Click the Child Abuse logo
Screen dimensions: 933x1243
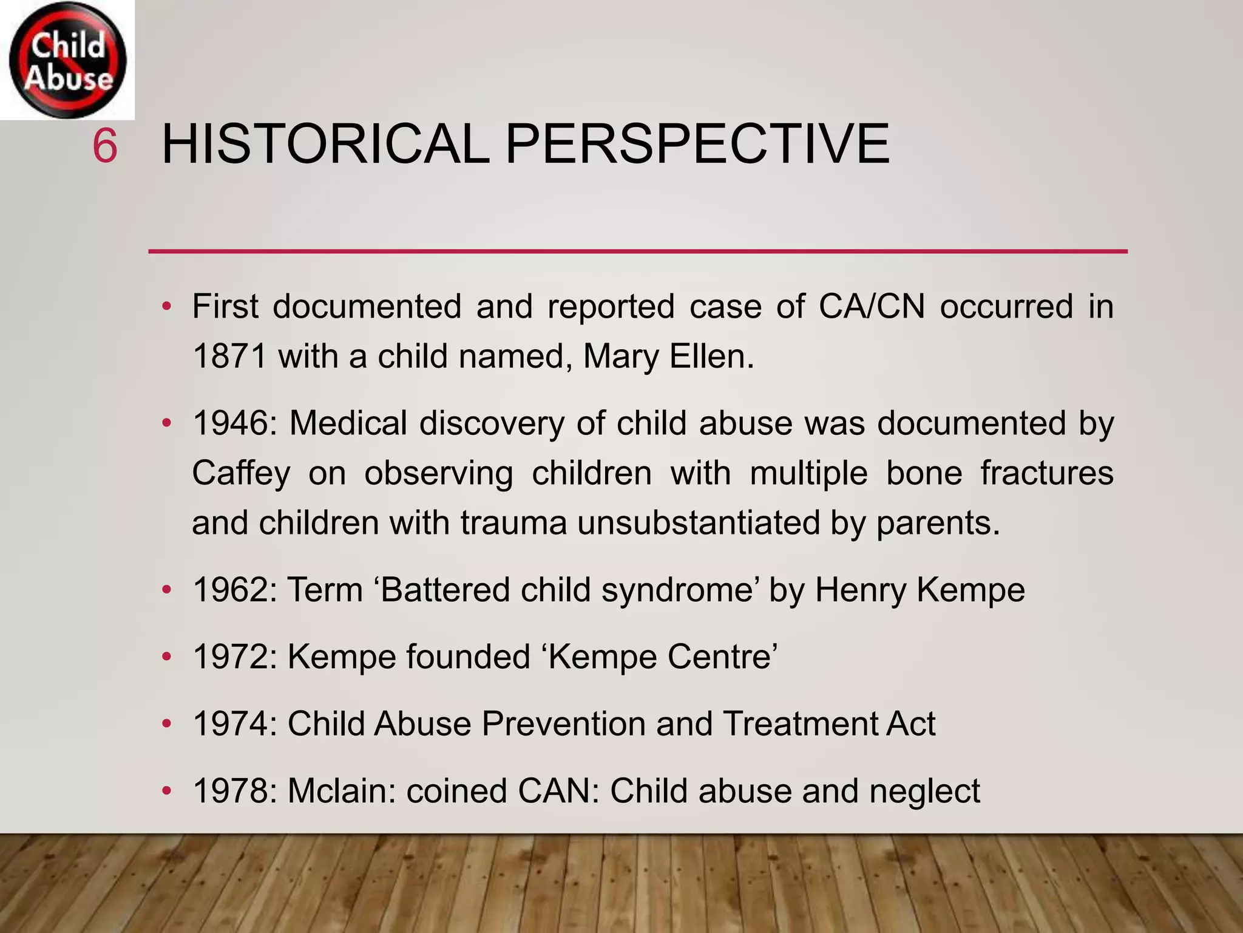(67, 60)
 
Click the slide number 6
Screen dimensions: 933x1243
(104, 146)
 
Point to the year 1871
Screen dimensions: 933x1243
(229, 357)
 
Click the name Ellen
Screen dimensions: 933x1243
(711, 357)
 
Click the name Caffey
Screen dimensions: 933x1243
(241, 473)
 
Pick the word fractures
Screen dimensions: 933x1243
(1046, 473)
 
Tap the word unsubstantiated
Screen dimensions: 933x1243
(699, 523)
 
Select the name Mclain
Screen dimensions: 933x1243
(341, 791)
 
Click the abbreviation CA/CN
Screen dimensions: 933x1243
(872, 306)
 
